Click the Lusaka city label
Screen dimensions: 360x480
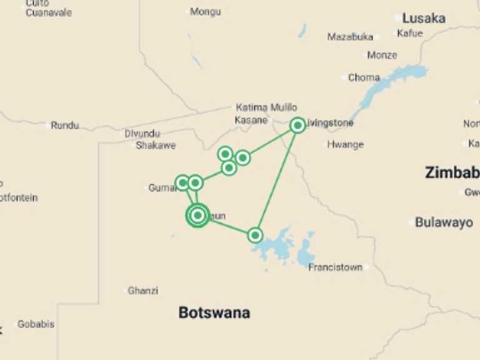424,18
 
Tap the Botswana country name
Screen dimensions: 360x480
214,312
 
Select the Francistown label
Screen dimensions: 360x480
336,267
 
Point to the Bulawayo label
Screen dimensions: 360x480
444,222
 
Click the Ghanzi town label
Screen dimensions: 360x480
143,291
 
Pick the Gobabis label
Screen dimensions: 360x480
36,324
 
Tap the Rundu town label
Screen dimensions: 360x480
65,126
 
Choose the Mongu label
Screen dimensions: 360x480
206,11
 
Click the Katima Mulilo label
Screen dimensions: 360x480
266,107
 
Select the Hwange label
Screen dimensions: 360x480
345,145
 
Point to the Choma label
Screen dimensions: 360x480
364,78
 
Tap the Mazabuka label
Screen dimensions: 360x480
350,37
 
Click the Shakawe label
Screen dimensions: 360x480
156,146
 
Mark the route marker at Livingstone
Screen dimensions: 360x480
298,126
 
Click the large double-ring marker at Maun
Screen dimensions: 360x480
197,216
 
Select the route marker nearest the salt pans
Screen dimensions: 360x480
255,236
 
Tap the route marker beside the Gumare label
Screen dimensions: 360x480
182,183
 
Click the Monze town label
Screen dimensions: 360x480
382,55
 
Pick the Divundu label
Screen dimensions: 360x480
142,134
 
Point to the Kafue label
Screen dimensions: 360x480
410,33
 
